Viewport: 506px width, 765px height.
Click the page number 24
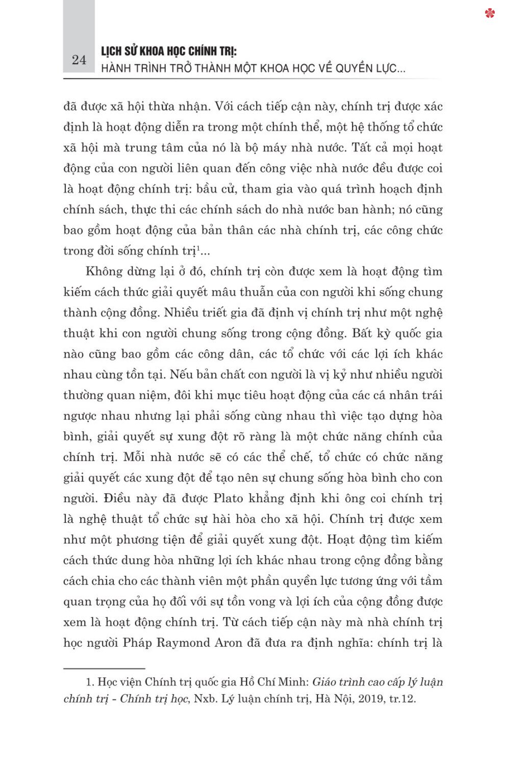point(79,60)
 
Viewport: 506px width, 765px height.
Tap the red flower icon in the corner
point(490,13)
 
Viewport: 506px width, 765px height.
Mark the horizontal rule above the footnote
point(105,668)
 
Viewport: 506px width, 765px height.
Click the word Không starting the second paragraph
point(101,271)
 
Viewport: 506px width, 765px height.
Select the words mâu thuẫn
point(244,292)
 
